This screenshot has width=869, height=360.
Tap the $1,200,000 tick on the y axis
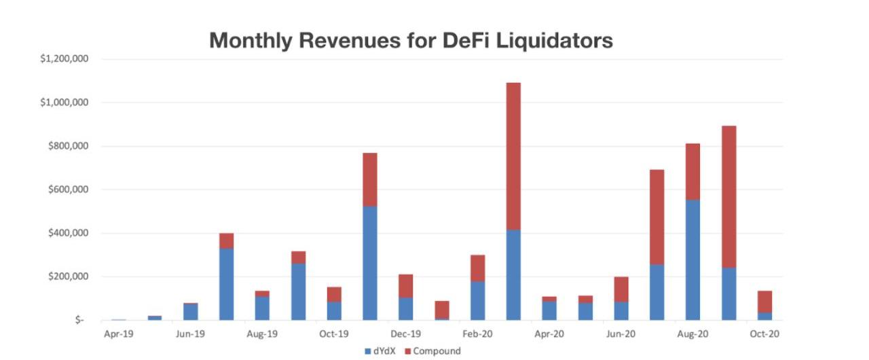[64, 59]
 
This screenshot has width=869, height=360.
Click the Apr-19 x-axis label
[118, 334]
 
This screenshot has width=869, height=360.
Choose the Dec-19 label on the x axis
[406, 334]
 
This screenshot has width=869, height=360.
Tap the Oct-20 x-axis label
[764, 334]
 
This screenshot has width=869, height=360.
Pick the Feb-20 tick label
[477, 334]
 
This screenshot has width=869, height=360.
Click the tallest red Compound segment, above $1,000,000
[513, 156]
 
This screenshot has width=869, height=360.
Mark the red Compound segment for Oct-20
[764, 302]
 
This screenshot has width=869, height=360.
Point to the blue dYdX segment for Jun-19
[190, 312]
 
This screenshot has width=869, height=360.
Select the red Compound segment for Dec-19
[406, 286]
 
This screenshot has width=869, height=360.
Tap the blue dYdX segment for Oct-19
[334, 311]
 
